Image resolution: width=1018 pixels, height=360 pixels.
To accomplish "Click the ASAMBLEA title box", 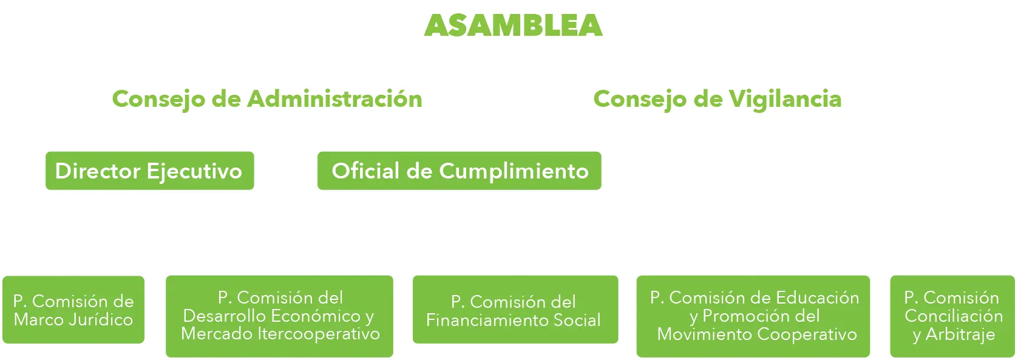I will [x=507, y=25].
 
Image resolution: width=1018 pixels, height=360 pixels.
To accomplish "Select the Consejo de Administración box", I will [x=268, y=99].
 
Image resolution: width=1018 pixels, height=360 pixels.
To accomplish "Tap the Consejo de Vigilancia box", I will [x=717, y=99].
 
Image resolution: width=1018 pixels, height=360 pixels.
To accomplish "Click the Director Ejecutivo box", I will [x=149, y=171].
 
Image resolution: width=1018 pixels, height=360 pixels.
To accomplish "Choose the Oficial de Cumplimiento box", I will [x=460, y=171].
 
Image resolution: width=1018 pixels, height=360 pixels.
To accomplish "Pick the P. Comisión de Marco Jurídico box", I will [x=73, y=310].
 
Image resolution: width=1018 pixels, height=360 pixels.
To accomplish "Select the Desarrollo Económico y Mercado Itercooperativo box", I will [x=280, y=316].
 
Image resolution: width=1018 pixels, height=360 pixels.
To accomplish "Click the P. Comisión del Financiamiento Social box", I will [x=514, y=311].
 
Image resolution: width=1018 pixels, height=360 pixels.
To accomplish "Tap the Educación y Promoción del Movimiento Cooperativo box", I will [x=755, y=316].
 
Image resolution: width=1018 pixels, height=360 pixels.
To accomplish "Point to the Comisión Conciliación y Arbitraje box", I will [x=953, y=316].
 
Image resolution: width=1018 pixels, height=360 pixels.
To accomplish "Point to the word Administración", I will [x=336, y=99].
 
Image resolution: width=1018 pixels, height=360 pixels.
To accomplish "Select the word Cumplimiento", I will [x=514, y=171].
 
